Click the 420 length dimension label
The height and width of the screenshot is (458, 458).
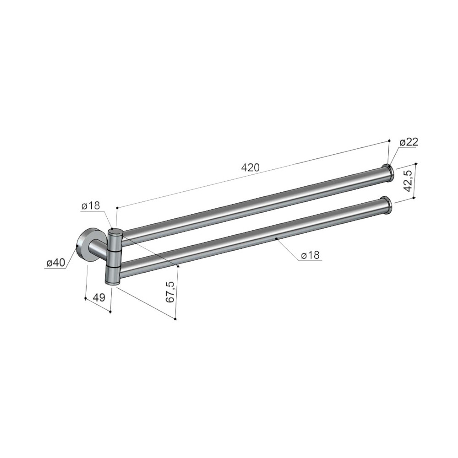click(x=251, y=168)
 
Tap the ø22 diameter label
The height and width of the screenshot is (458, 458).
click(x=409, y=142)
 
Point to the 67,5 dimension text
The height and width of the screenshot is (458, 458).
click(x=171, y=292)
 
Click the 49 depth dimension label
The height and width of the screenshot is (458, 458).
click(x=99, y=298)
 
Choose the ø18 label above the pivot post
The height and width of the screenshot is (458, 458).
click(x=91, y=206)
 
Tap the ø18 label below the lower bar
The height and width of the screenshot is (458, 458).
click(x=311, y=256)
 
